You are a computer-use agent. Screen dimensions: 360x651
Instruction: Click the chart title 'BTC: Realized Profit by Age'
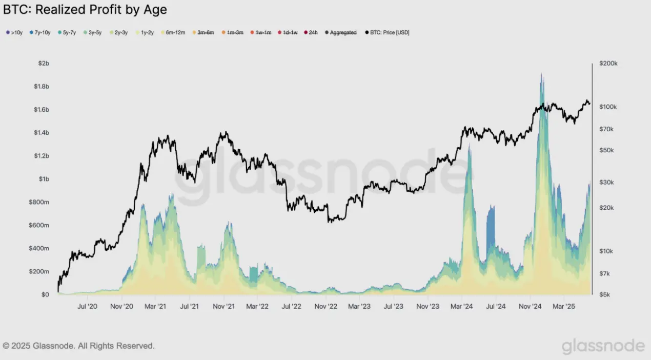click(85, 10)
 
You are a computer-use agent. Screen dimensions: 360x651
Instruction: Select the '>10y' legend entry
click(14, 32)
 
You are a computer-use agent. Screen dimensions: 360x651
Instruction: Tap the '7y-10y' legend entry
click(39, 32)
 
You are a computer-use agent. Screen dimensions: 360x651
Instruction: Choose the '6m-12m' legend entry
click(173, 32)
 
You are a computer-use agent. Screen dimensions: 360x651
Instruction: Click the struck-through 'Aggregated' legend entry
click(340, 32)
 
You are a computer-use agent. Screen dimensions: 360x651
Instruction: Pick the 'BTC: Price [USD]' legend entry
click(387, 32)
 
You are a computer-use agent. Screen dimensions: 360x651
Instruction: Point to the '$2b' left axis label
click(43, 63)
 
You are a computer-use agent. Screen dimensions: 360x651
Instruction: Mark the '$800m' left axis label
click(39, 202)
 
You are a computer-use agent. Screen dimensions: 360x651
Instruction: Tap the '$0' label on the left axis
click(45, 295)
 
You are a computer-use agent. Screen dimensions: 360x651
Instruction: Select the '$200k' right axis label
click(608, 64)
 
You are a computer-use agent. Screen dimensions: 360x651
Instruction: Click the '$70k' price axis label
click(607, 129)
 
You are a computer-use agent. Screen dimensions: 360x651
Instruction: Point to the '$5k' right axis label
click(605, 295)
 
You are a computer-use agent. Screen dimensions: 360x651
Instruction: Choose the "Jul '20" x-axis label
click(87, 307)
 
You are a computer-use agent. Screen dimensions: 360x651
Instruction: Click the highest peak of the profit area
click(541, 75)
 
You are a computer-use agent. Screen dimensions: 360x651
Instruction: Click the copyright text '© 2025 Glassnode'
click(78, 346)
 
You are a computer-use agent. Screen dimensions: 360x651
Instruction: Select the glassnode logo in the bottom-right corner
click(603, 346)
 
